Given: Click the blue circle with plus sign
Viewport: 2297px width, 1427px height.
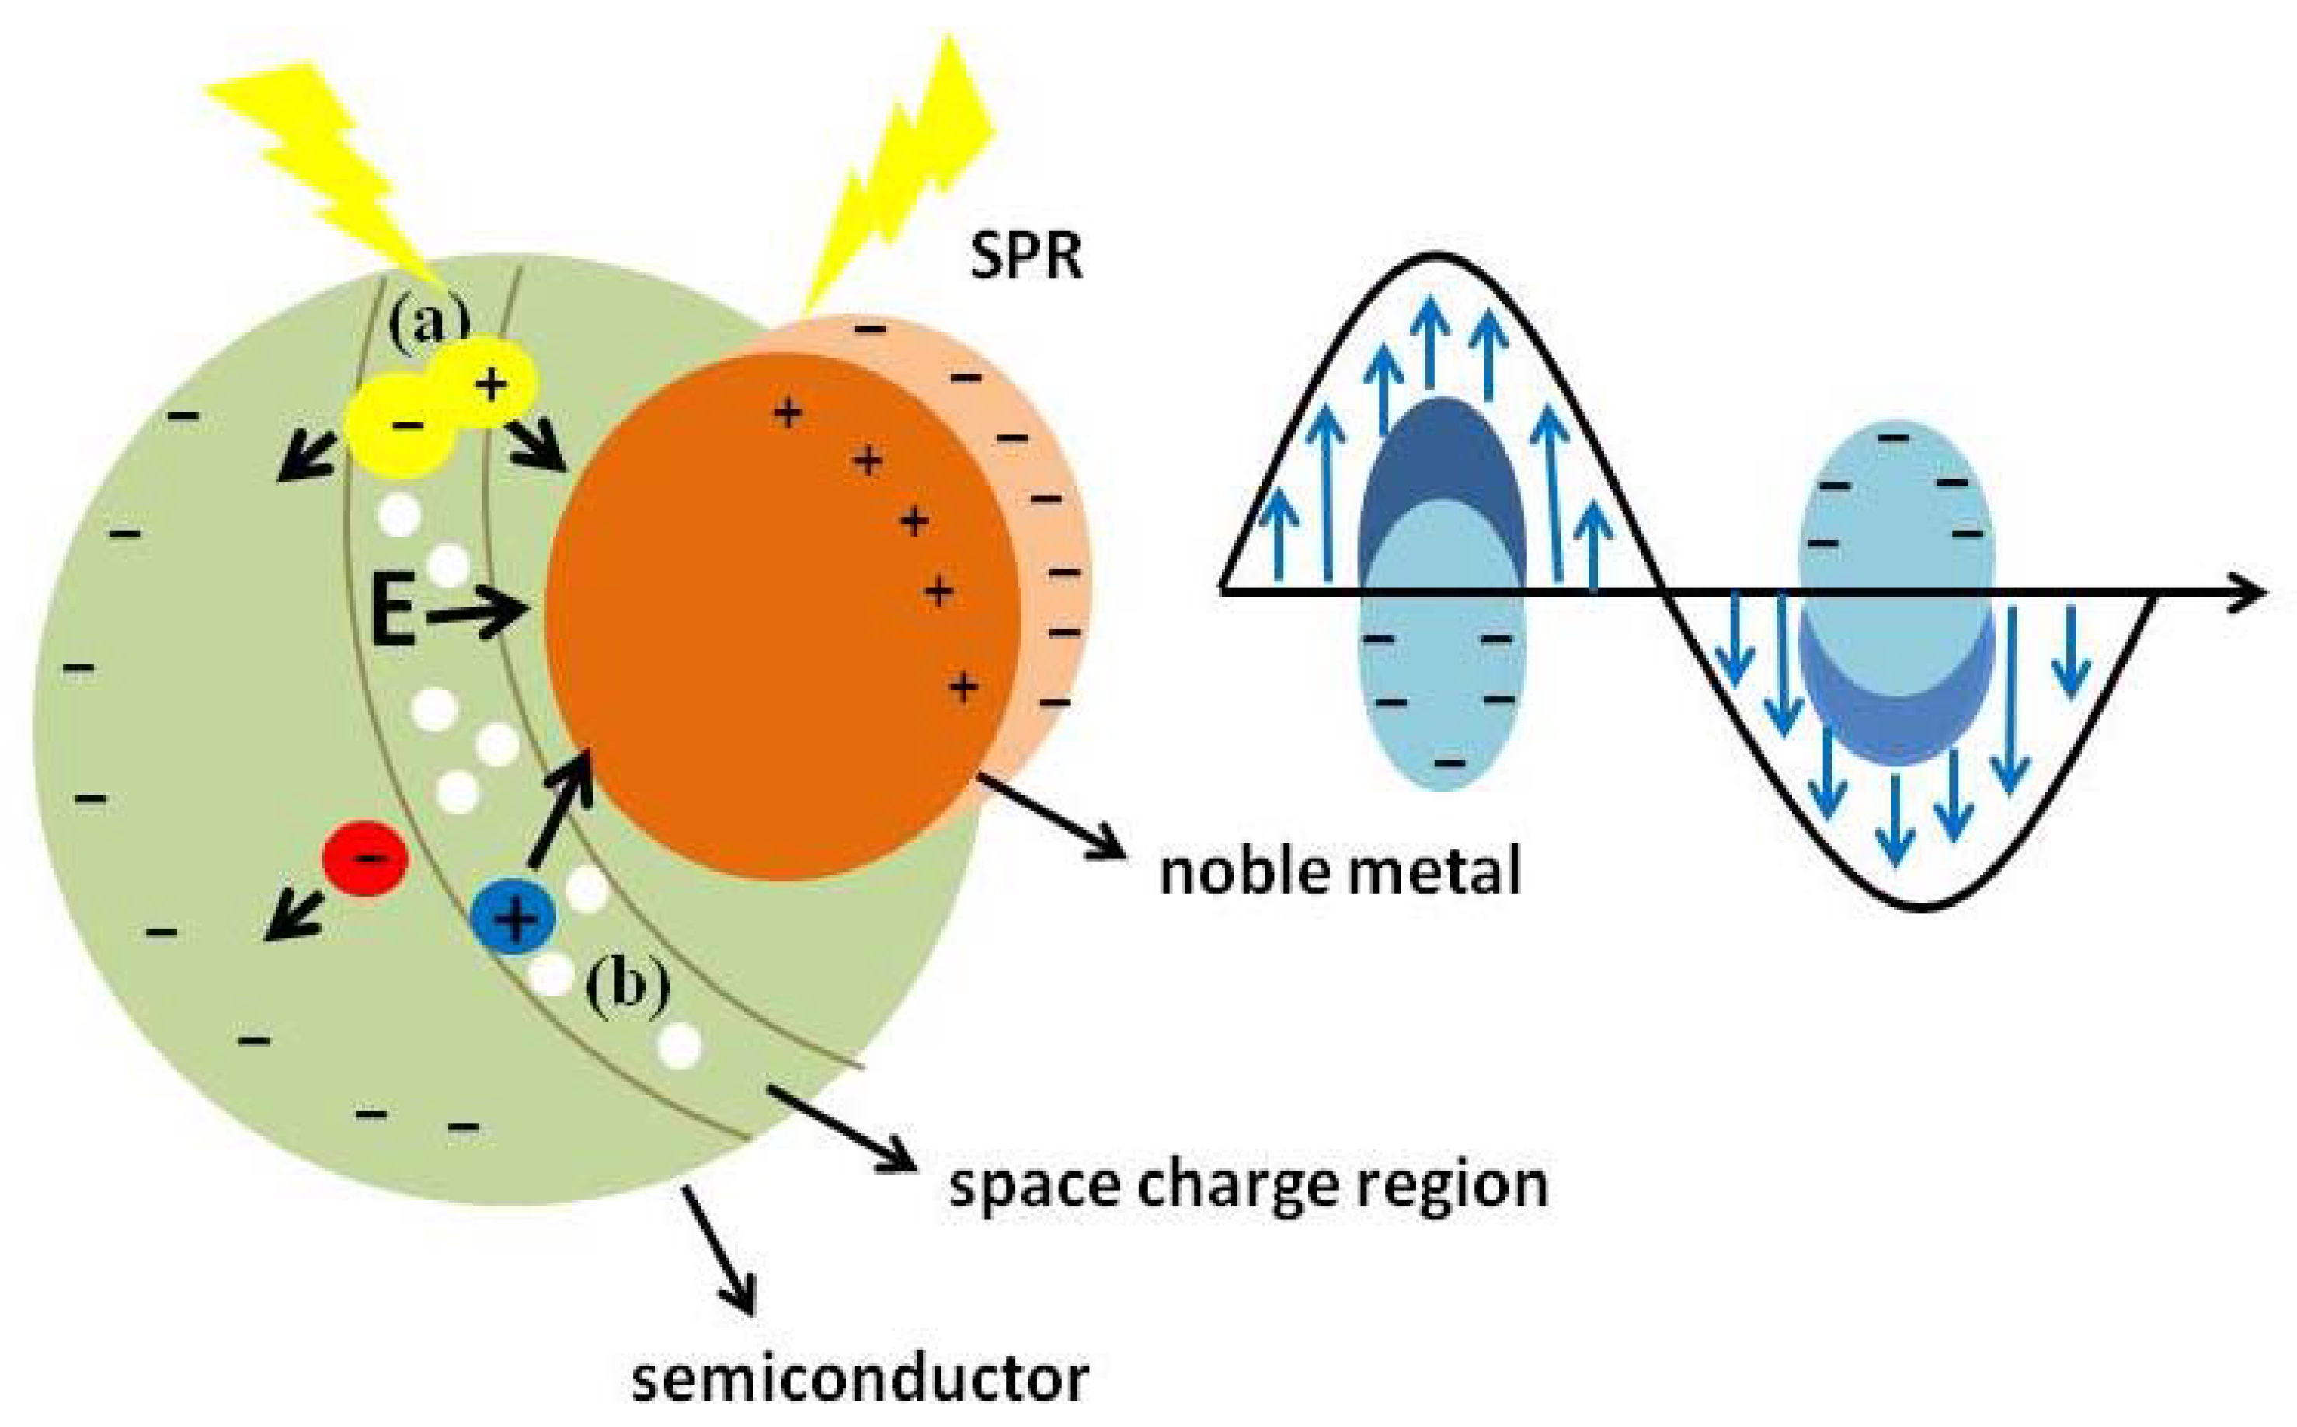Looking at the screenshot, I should pos(513,917).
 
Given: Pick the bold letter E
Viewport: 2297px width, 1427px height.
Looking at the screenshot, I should pos(394,614).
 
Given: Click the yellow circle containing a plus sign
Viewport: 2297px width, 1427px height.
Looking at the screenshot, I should pos(492,383).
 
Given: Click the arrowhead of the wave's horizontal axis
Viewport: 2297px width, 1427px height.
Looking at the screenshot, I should pos(2246,593).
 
